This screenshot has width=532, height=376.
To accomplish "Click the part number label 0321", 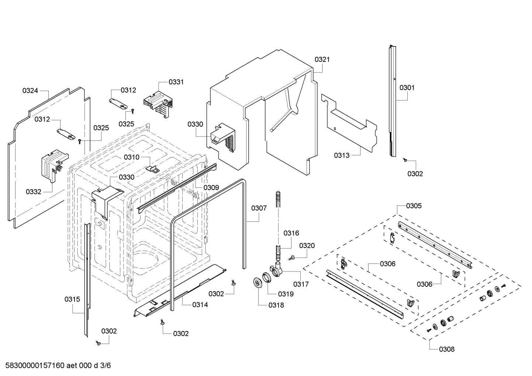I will click(322, 59).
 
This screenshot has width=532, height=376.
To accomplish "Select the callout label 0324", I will click(30, 90).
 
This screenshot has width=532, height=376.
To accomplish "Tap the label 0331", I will click(176, 82).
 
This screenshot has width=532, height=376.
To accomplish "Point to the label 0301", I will click(407, 88).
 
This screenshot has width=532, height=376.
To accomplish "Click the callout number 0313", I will click(342, 155).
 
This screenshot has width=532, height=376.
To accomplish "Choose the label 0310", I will click(132, 157).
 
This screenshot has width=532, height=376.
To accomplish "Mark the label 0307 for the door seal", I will click(259, 208).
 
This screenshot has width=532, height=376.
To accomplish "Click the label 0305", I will click(414, 206).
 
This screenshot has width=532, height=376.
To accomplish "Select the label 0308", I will click(447, 349).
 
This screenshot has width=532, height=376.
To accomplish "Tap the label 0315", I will click(72, 299).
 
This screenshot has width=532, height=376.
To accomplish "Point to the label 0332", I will click(34, 192).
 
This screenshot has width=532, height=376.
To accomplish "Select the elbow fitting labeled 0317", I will click(277, 271).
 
